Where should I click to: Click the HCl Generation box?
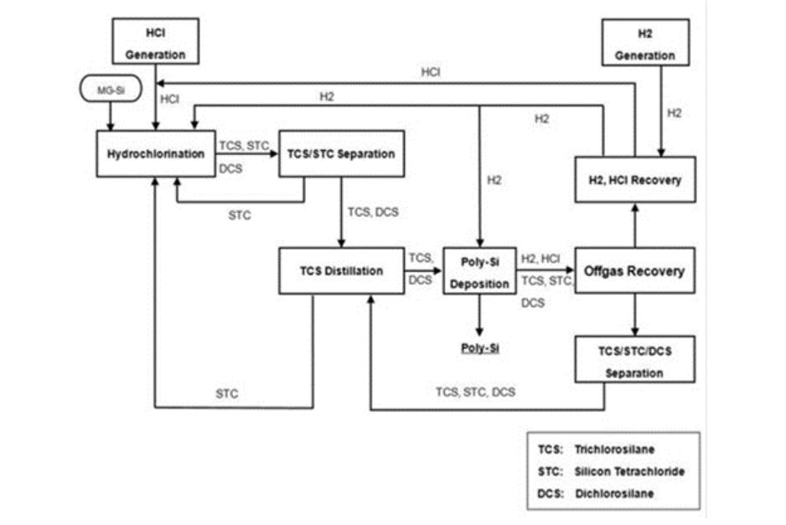[156, 41]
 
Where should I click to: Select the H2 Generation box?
[645, 42]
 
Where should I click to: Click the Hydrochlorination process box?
[155, 154]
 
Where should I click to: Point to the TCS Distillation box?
[343, 271]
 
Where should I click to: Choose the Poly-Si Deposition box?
[478, 271]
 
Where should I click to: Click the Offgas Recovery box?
[634, 271]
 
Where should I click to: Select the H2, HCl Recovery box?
[634, 179]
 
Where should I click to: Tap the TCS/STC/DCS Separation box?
[634, 361]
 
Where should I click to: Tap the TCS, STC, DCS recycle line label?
[475, 392]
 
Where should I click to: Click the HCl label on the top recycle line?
[431, 73]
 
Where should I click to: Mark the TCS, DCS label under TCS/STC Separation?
[373, 212]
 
